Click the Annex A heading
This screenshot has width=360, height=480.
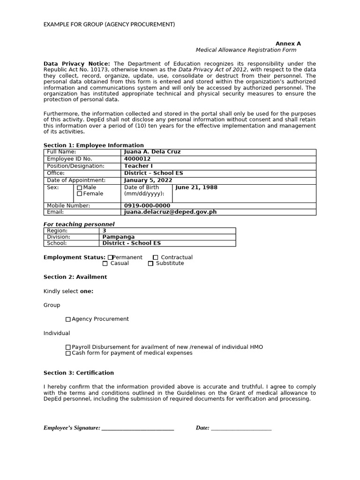(288, 44)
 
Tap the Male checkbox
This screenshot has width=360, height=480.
(79, 188)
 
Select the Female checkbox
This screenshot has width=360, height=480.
(79, 194)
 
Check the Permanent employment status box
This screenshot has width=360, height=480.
(110, 257)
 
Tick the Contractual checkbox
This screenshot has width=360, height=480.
(155, 257)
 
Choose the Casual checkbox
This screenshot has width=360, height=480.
(105, 263)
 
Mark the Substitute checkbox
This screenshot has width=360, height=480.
(150, 263)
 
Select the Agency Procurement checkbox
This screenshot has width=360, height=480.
(68, 319)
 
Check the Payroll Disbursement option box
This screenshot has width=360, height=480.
(68, 347)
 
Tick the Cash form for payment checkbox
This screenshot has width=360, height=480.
(68, 353)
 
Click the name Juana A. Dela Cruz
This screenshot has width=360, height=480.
(152, 152)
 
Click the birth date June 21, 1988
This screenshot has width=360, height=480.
(196, 187)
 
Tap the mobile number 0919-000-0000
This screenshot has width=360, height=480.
(147, 206)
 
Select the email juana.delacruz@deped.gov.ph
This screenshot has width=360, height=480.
(170, 212)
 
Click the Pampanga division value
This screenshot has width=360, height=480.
(118, 237)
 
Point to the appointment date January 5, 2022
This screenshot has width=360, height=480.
(148, 180)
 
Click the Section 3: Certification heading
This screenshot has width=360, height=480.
(79, 373)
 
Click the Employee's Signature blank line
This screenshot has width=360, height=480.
(138, 428)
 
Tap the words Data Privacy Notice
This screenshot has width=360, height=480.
(77, 64)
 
